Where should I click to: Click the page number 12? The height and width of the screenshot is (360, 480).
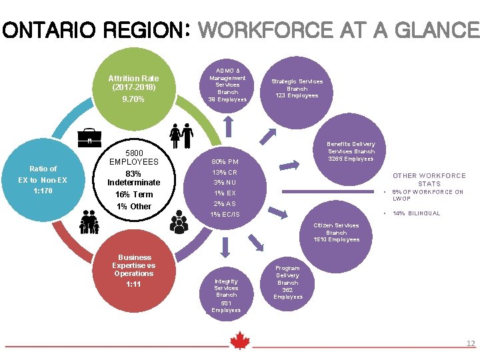470,343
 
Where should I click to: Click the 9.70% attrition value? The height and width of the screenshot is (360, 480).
133,99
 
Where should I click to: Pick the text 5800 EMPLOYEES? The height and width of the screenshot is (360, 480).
133,157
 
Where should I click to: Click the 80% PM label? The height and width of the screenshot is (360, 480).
225,161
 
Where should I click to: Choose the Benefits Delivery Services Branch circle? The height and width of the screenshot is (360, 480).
351,152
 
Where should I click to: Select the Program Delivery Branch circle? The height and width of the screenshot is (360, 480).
288,282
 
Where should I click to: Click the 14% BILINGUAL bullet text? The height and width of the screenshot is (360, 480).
417,213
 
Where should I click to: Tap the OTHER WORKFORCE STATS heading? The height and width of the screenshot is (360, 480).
429,179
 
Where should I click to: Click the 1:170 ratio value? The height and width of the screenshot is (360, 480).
43,191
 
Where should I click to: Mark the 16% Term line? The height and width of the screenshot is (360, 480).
134,194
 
